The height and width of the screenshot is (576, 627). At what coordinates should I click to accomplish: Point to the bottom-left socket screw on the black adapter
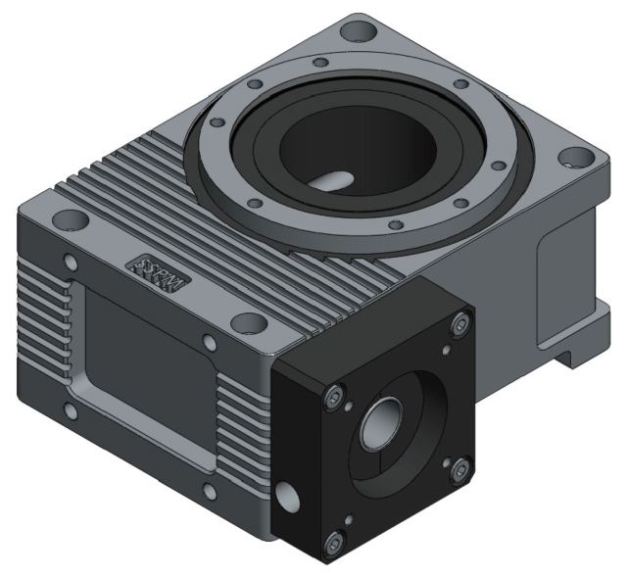[x=336, y=541]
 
